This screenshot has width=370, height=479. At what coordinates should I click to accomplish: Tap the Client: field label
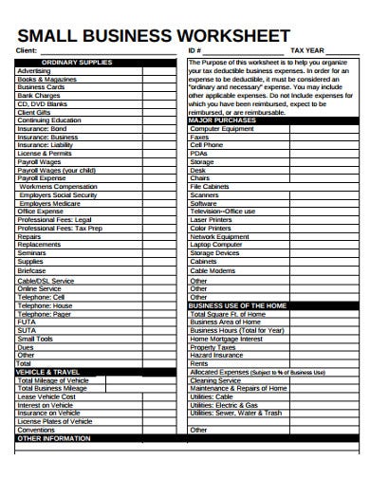[28, 50]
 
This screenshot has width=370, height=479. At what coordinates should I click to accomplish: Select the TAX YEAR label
[309, 50]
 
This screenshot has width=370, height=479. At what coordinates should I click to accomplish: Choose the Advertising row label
[35, 70]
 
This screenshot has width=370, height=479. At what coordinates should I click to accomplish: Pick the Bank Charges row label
[39, 95]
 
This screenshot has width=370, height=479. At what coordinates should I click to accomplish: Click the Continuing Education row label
[50, 120]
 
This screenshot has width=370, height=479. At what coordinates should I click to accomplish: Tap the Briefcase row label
[31, 269]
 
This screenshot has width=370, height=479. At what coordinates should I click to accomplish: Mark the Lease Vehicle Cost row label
[47, 396]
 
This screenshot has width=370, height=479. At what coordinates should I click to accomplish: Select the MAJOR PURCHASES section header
[222, 120]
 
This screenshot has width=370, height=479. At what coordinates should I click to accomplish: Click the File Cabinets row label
[210, 187]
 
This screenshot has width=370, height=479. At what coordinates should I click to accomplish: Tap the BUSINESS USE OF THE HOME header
[239, 306]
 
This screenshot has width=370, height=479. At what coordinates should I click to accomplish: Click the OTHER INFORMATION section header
[54, 438]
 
